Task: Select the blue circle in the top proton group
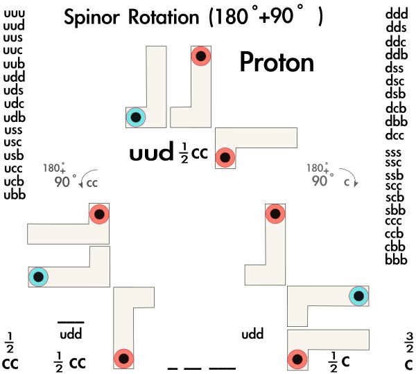(x=136, y=118)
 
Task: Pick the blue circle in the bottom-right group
(x=358, y=296)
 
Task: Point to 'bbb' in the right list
(x=396, y=260)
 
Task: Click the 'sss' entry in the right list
(x=396, y=151)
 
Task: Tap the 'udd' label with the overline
(x=71, y=335)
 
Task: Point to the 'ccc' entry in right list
(x=396, y=222)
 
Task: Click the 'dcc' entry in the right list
(x=396, y=134)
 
